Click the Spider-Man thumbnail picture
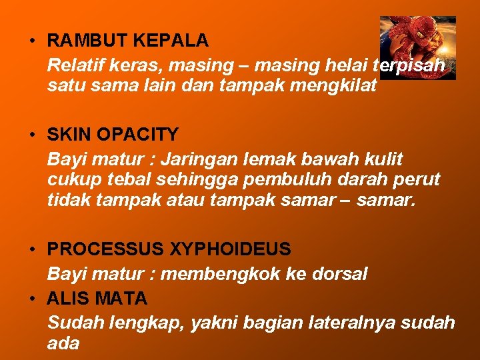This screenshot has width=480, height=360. click(417, 47)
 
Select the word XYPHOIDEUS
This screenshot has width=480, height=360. click(230, 249)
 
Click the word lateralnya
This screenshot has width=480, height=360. click(349, 323)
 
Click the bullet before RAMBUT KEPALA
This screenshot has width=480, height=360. click(32, 41)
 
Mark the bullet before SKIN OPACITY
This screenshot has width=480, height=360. click(32, 135)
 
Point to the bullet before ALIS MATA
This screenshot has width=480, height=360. click(32, 297)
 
